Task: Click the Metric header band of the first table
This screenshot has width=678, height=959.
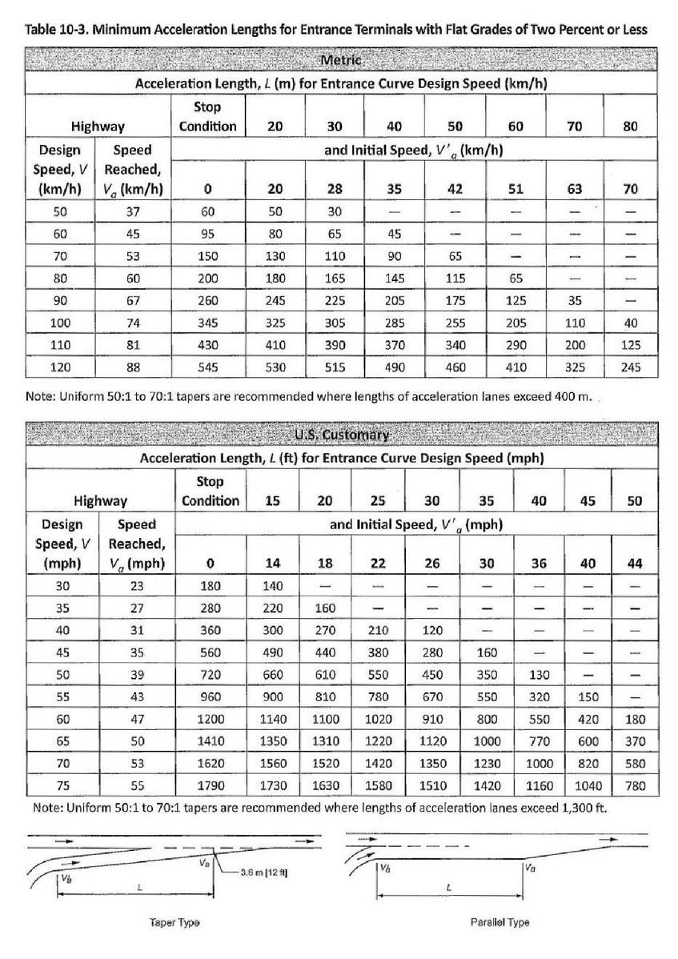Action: pyautogui.click(x=341, y=61)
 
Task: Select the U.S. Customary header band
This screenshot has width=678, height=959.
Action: pyautogui.click(x=341, y=435)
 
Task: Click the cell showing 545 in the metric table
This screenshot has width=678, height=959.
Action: pyautogui.click(x=207, y=367)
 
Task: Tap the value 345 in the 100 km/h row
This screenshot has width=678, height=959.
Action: pyautogui.click(x=207, y=323)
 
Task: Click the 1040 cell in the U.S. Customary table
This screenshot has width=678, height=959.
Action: pyautogui.click(x=588, y=786)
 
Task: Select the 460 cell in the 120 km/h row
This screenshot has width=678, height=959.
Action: pyautogui.click(x=455, y=367)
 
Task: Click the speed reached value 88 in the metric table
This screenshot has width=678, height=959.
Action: pyautogui.click(x=134, y=367)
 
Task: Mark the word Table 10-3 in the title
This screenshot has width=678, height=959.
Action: pyautogui.click(x=55, y=30)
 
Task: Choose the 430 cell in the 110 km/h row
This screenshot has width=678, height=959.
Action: pyautogui.click(x=207, y=345)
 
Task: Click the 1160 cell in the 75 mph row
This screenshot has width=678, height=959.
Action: pyautogui.click(x=539, y=786)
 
